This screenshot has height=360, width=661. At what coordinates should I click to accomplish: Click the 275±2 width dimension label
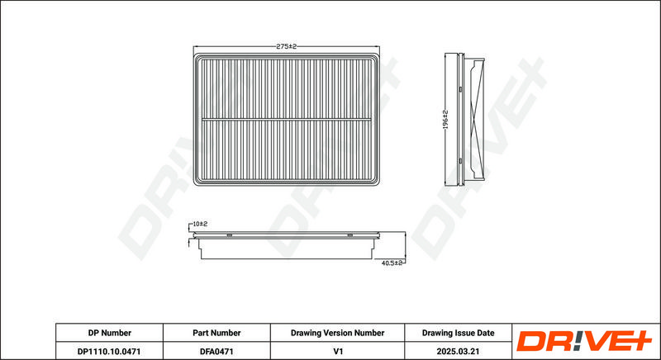tap(286, 46)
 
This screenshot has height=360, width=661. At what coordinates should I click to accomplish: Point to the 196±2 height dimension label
tap(445, 120)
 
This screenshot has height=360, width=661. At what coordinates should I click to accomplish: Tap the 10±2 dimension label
tap(200, 224)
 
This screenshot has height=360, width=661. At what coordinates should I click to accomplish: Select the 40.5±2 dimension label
tap(392, 263)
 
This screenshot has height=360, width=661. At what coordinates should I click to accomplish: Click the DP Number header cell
tap(110, 333)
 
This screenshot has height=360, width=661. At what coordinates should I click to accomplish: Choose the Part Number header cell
tap(216, 333)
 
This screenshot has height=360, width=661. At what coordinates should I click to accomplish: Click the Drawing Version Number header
tap(337, 333)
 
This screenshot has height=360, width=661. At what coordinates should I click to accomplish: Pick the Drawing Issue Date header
tap(459, 333)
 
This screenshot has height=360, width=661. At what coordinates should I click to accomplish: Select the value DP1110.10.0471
tap(109, 351)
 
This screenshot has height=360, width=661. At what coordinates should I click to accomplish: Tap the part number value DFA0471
tap(216, 351)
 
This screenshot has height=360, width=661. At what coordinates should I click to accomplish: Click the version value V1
tap(338, 351)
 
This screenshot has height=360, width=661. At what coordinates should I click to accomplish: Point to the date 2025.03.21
tap(459, 351)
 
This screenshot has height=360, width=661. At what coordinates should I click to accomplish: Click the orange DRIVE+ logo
tap(584, 341)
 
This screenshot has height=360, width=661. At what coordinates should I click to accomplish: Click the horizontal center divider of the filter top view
tap(286, 120)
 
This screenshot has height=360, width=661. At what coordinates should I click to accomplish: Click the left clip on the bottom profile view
tap(230, 234)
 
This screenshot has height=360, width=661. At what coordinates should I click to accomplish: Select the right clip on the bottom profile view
tap(350, 234)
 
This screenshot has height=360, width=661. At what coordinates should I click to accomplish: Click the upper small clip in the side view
tap(461, 89)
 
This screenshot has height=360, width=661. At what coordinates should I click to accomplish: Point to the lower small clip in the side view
tap(461, 161)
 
